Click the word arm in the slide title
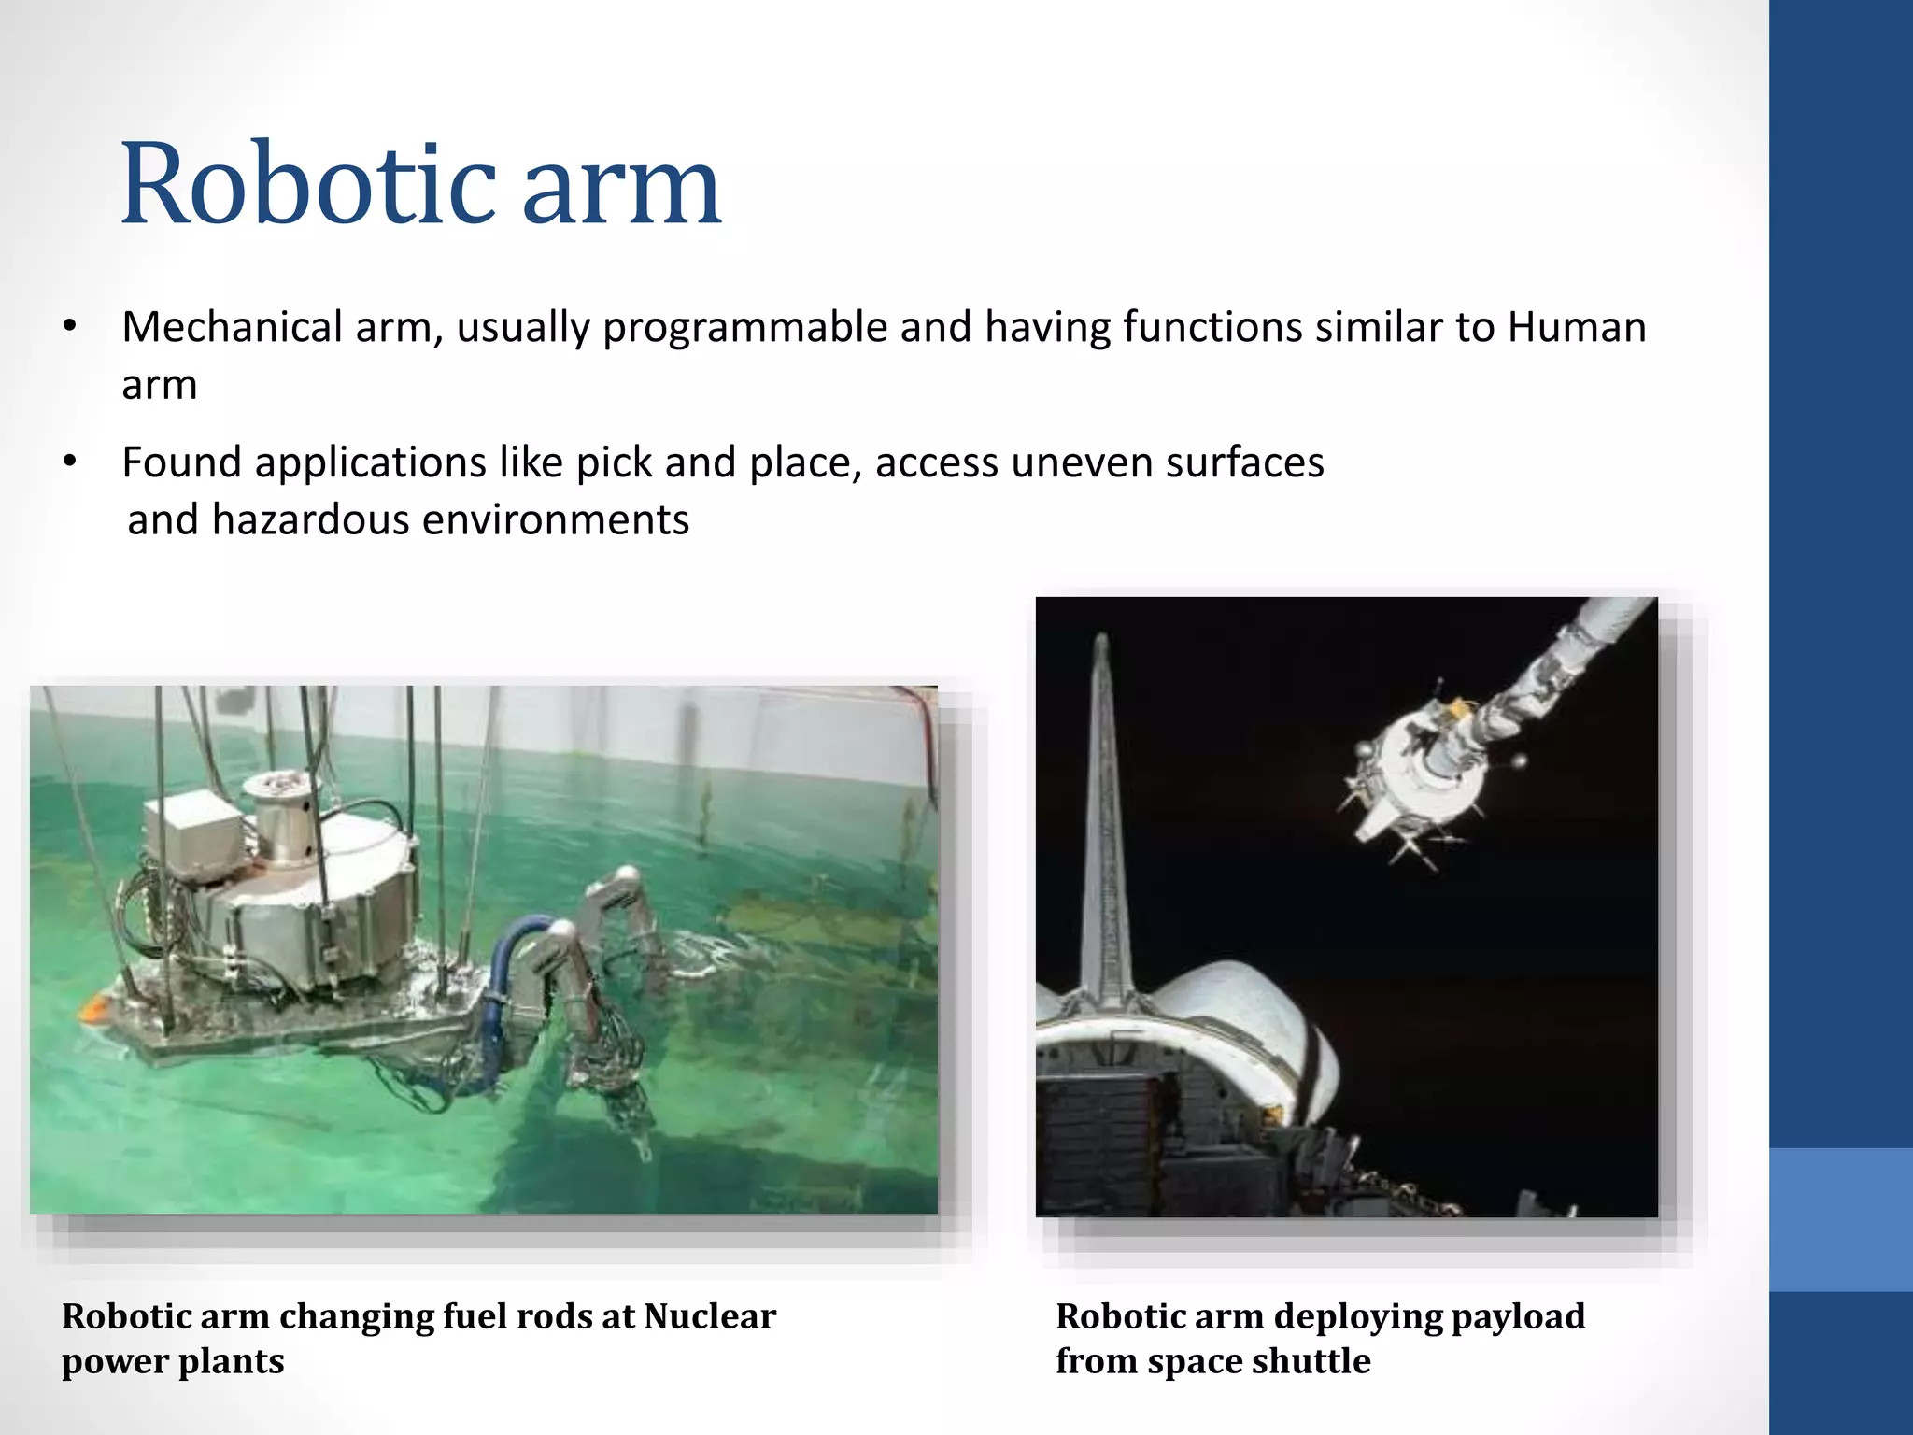(x=621, y=192)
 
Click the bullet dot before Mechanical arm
(x=69, y=327)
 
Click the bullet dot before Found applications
(x=69, y=462)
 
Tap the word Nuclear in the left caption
(x=710, y=1316)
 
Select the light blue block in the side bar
(x=1840, y=1219)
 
